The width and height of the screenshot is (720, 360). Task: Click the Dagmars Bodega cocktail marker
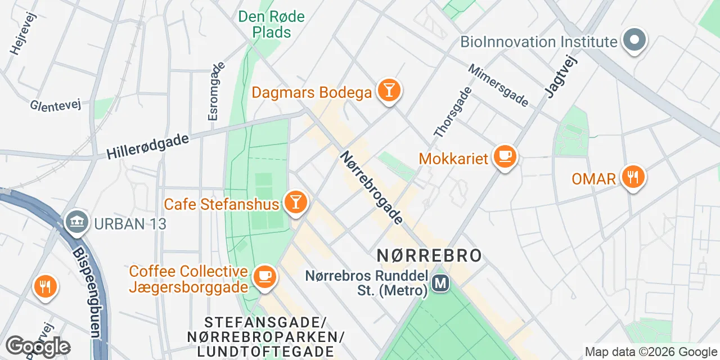tap(388, 91)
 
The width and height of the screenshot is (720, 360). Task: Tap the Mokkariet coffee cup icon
tap(505, 157)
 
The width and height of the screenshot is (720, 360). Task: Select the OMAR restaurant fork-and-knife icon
tap(633, 177)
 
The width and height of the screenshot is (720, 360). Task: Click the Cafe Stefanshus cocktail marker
tap(295, 202)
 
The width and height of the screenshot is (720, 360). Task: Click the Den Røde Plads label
tap(271, 24)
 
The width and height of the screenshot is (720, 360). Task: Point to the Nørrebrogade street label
tap(371, 187)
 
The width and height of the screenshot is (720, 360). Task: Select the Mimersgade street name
tap(498, 85)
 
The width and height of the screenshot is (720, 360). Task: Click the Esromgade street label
tap(217, 91)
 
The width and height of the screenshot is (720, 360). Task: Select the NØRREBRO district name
tap(429, 255)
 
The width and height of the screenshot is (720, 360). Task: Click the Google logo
tap(38, 346)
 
